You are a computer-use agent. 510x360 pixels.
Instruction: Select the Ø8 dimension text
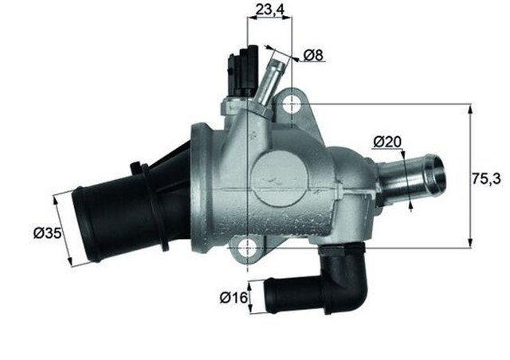[x=312, y=56]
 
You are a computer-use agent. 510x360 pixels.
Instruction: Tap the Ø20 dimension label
[x=388, y=142]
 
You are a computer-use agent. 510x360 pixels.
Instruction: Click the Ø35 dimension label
[x=47, y=233]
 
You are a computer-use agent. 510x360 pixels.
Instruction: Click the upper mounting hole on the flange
[x=292, y=103]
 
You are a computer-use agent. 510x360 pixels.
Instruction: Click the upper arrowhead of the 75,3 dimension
[x=469, y=110]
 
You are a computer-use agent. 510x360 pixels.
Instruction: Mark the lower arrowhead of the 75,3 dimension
[x=469, y=241]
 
